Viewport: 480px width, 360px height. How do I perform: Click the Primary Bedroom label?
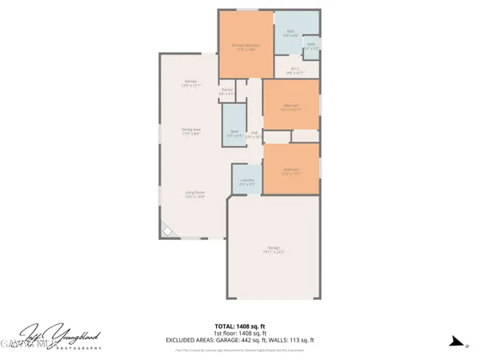[246, 46]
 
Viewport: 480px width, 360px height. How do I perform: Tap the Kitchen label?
[191, 83]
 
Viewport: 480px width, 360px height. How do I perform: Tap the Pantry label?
[227, 92]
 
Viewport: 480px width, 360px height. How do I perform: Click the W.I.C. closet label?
[294, 70]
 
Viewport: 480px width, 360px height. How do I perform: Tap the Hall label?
[254, 134]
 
